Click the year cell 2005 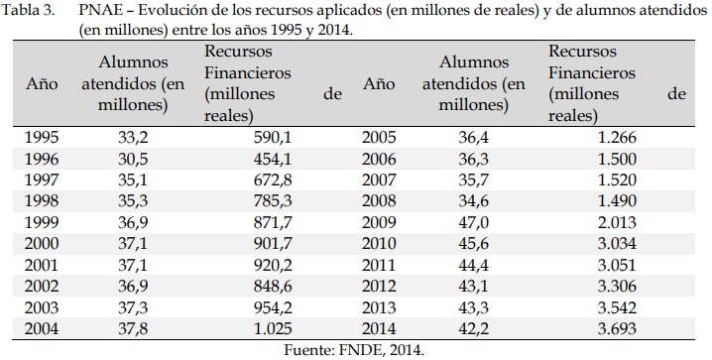pos(380,137)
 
